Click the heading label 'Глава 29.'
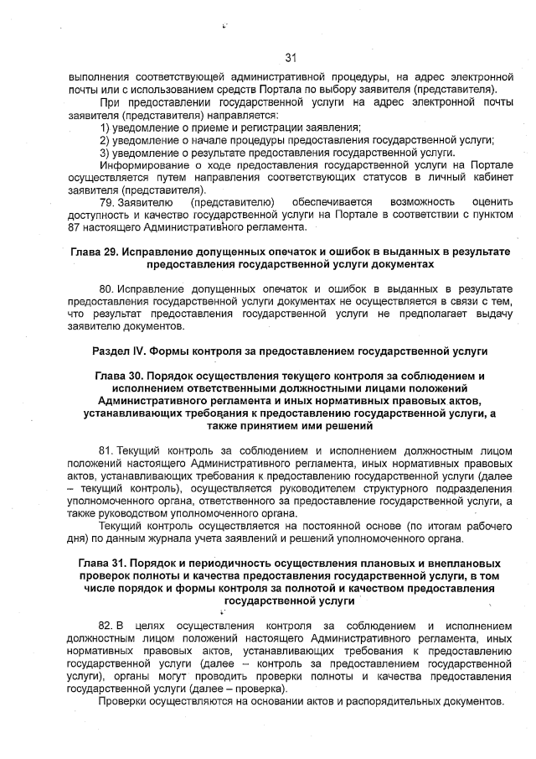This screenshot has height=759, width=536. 95,252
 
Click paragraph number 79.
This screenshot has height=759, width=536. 107,203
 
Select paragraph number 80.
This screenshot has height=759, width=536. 107,289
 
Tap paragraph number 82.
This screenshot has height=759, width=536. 106,626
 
